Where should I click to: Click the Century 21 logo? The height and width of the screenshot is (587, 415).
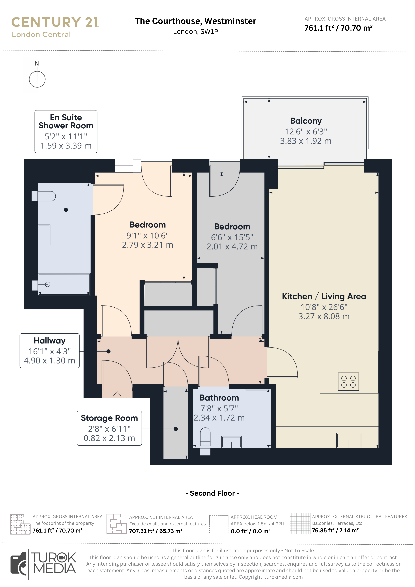coord(55,27)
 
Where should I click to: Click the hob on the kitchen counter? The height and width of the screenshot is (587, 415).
coord(348,381)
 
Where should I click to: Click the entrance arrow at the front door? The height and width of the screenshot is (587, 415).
coord(117,395)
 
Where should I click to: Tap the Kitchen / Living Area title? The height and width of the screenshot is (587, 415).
coord(324,296)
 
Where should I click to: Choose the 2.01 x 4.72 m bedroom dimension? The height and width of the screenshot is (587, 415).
coord(232,246)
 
